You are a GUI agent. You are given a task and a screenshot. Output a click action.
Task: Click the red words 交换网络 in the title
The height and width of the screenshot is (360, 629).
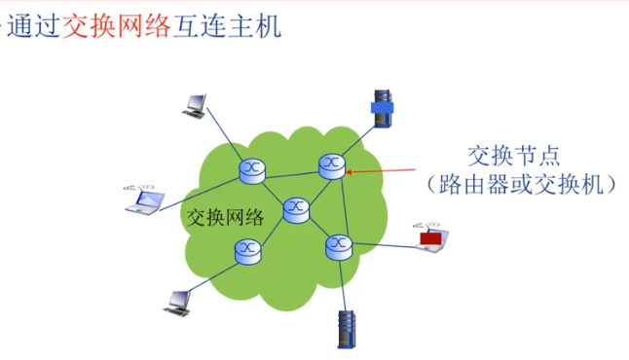pyautogui.click(x=104, y=27)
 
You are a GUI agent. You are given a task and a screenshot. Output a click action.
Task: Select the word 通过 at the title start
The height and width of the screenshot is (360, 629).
pyautogui.click(x=34, y=27)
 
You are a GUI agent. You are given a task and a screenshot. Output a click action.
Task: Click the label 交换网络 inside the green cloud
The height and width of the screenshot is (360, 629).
pyautogui.click(x=225, y=217)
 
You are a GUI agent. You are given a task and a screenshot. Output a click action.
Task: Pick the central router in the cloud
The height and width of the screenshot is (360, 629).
pyautogui.click(x=296, y=208)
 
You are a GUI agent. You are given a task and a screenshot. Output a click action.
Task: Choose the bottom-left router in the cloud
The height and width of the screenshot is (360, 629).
pyautogui.click(x=249, y=251)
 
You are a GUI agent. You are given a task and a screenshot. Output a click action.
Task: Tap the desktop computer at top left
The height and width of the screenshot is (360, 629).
pyautogui.click(x=194, y=104)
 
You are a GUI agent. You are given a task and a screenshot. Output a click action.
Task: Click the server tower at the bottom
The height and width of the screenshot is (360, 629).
pyautogui.click(x=346, y=329)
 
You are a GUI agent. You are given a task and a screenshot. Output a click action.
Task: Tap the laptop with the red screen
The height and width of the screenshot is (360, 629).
pyautogui.click(x=428, y=238)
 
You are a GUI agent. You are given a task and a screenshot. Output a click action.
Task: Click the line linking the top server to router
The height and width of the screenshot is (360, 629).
pyautogui.click(x=355, y=136)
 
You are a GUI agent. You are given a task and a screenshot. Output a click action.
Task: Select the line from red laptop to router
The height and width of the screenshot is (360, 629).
pyautogui.click(x=385, y=244)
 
